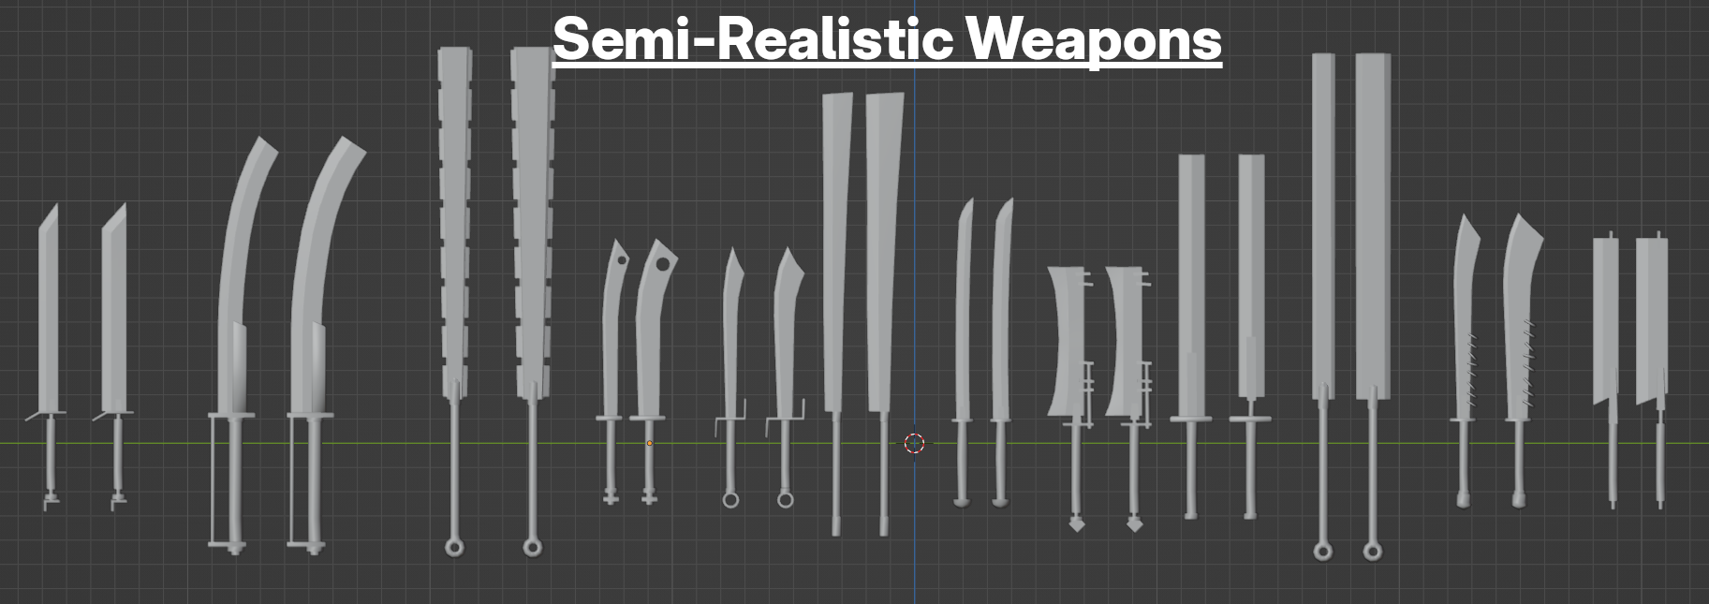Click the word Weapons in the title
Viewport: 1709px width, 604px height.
coord(1093,39)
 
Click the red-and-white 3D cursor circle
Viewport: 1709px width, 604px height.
coord(915,443)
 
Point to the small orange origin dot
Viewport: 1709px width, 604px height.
coord(649,443)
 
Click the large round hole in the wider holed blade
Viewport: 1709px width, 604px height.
coord(663,264)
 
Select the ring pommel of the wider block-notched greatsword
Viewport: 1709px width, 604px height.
coord(532,547)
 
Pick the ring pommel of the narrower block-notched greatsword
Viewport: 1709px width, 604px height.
coord(454,547)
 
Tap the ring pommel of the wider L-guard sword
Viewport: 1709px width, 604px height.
coord(786,500)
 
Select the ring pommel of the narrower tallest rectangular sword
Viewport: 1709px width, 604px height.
coord(1322,552)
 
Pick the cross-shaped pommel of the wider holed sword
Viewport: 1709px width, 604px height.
coord(649,498)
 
